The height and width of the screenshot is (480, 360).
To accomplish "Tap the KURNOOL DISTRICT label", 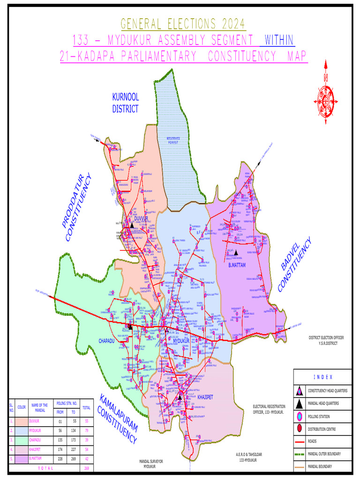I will coord(125,103).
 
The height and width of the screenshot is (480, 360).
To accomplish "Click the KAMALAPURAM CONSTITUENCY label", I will coord(118,420).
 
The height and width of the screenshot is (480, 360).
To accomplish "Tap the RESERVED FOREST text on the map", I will coord(176,142).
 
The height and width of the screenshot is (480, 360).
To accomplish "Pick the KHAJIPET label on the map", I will coord(205,397).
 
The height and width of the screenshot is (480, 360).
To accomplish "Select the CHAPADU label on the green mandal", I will coord(106,341).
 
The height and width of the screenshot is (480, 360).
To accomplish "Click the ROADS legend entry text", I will coord(312,442).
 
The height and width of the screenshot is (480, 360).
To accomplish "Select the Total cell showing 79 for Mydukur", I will coord(86,430).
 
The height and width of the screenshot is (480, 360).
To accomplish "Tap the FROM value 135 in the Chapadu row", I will coord(60,439).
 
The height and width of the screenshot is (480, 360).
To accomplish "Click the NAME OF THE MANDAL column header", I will coord(40,407).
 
